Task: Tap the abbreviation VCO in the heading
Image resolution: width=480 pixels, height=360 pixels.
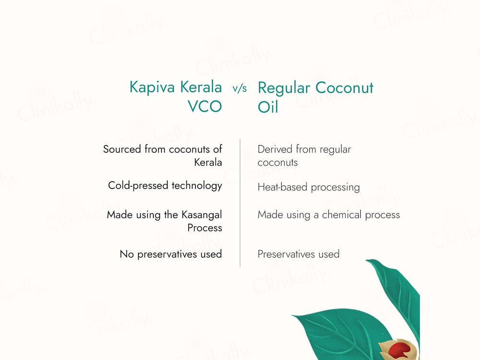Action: point(204,106)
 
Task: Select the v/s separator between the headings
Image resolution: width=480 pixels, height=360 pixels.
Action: point(240,89)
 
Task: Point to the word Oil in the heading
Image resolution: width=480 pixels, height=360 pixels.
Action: point(268,106)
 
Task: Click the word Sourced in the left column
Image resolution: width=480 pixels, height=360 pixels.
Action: point(122,149)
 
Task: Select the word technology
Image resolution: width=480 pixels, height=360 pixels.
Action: point(197,185)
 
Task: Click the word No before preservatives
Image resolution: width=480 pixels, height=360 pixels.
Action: point(127,254)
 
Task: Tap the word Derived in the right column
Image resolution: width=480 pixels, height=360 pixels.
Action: point(275,149)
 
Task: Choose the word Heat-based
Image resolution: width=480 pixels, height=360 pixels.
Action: point(282,187)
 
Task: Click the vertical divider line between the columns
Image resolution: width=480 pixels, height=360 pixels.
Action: point(240,202)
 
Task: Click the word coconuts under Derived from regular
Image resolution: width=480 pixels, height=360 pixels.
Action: point(277,162)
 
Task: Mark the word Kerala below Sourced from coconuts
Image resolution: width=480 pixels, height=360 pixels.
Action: point(208,162)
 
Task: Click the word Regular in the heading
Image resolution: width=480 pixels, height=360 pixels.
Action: point(284,88)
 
